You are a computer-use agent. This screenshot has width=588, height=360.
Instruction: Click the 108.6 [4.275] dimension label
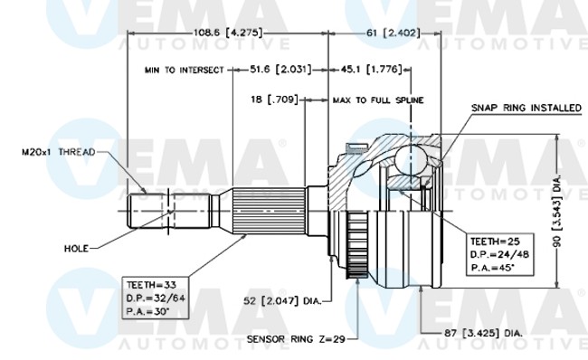click(x=228, y=33)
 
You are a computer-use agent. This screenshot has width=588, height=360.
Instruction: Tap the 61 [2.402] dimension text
click(x=393, y=33)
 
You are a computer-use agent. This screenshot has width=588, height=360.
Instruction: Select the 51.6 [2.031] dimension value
click(x=280, y=70)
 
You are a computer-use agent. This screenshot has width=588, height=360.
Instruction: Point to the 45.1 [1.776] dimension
click(x=371, y=70)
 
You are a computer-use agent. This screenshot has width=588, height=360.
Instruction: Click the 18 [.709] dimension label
click(x=274, y=99)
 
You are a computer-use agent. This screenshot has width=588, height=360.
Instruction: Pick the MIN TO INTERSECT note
click(x=185, y=71)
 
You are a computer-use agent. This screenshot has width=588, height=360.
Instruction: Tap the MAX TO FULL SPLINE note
click(x=378, y=100)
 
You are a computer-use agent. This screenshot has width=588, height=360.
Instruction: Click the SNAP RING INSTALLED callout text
click(x=526, y=108)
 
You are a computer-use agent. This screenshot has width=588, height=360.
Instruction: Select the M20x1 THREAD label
click(x=59, y=152)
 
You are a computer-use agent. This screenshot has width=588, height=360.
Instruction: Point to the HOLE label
click(x=77, y=248)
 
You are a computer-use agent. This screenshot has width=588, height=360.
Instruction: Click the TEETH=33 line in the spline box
click(x=151, y=285)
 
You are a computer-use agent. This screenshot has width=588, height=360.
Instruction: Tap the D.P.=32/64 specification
click(x=156, y=298)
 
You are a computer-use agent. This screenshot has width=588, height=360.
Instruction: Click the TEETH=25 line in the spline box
click(x=496, y=242)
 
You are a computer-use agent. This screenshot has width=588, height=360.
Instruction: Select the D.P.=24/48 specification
click(x=499, y=255)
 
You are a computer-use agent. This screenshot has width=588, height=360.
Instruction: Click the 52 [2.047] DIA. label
click(x=282, y=300)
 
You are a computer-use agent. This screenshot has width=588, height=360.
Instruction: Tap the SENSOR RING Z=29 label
click(x=296, y=339)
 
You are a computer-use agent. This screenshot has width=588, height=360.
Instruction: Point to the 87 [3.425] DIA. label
click(x=483, y=333)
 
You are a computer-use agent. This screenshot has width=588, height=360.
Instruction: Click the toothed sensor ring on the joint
click(x=357, y=245)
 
